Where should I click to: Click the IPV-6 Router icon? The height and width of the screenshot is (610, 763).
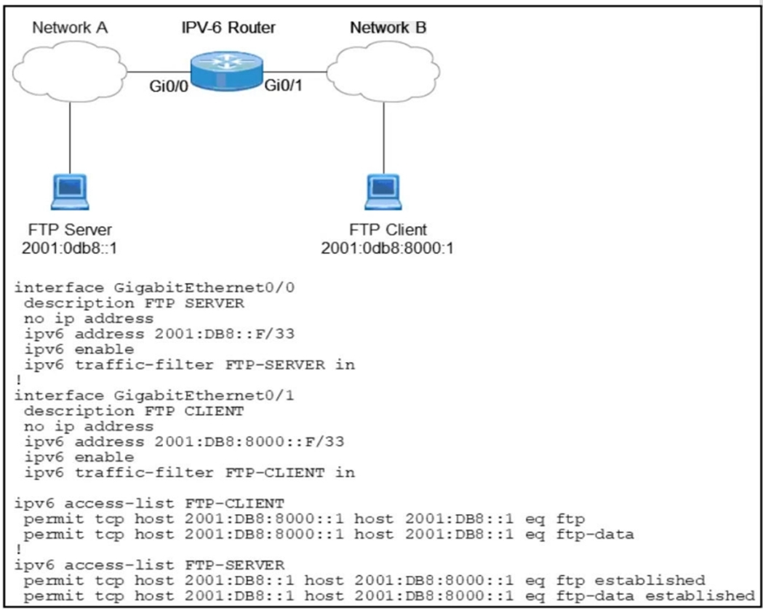226,71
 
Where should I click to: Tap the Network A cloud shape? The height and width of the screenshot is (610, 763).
70,71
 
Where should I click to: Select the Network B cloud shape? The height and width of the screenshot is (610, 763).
383,71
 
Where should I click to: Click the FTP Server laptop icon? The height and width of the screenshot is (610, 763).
70,192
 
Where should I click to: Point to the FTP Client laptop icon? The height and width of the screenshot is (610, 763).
383,192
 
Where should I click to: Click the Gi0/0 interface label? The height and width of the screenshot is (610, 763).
168,86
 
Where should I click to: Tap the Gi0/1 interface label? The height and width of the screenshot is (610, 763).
283,85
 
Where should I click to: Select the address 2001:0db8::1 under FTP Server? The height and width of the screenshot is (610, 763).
70,248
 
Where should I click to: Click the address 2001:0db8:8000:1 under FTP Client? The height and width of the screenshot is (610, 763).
388,248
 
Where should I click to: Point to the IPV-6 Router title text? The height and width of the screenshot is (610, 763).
228,27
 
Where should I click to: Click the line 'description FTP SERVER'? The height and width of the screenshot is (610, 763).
135,303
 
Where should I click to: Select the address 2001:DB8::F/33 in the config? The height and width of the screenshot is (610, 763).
225,334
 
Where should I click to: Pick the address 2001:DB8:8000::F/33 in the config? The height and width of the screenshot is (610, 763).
249,442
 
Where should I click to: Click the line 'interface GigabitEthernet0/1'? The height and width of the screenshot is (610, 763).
154,396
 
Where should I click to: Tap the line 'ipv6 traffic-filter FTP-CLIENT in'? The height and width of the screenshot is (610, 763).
190,473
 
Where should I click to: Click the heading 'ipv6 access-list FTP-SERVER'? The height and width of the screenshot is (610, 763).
149,565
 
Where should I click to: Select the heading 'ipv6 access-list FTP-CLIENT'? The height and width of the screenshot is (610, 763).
149,503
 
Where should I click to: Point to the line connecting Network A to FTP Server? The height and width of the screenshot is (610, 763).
70,138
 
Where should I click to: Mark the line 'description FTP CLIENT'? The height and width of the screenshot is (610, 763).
135,411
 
